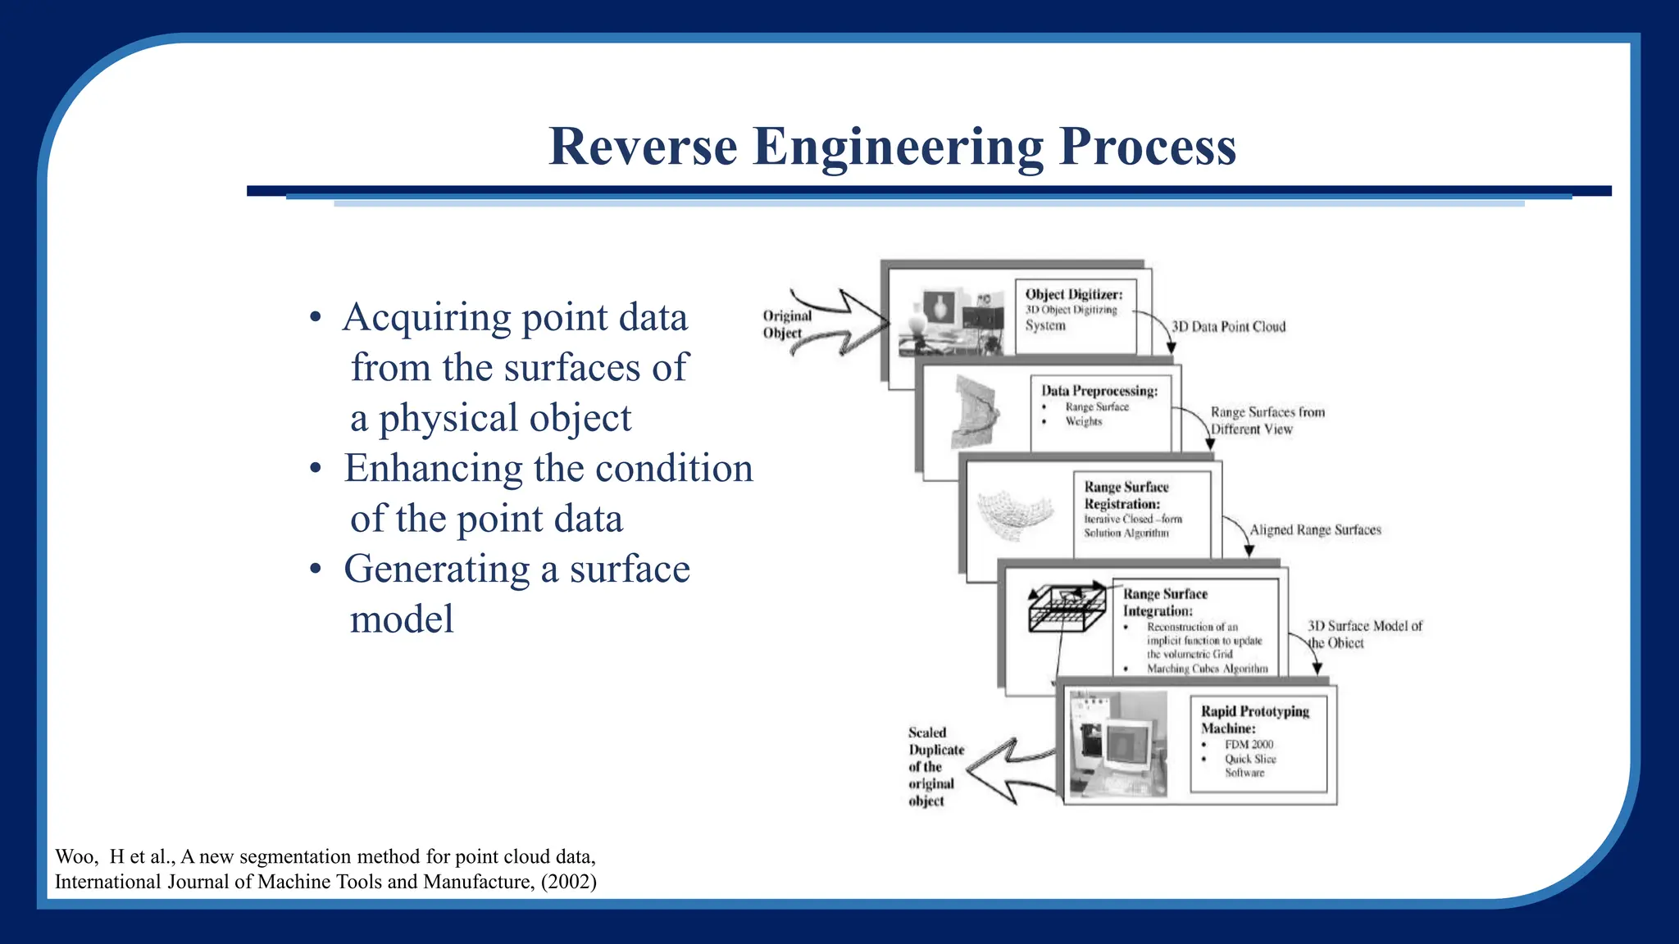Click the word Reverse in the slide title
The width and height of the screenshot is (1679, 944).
click(643, 147)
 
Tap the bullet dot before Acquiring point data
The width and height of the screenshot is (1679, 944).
click(316, 319)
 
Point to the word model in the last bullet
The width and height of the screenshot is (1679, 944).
click(402, 619)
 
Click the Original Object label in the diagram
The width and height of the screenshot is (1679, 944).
click(786, 324)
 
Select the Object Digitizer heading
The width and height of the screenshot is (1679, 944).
click(1073, 294)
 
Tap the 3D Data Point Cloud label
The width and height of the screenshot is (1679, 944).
click(1228, 327)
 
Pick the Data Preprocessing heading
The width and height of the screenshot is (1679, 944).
click(1099, 391)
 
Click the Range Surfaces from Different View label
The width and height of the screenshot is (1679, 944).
click(1267, 420)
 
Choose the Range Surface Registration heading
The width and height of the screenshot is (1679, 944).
click(1126, 495)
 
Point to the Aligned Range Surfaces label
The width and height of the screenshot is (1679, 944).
click(1315, 530)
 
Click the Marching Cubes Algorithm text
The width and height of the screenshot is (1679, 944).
click(1207, 669)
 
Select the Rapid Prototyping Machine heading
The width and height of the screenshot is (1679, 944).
click(1254, 719)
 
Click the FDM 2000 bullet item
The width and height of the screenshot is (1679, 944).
click(1249, 744)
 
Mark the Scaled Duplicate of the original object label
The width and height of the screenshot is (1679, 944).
click(935, 766)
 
